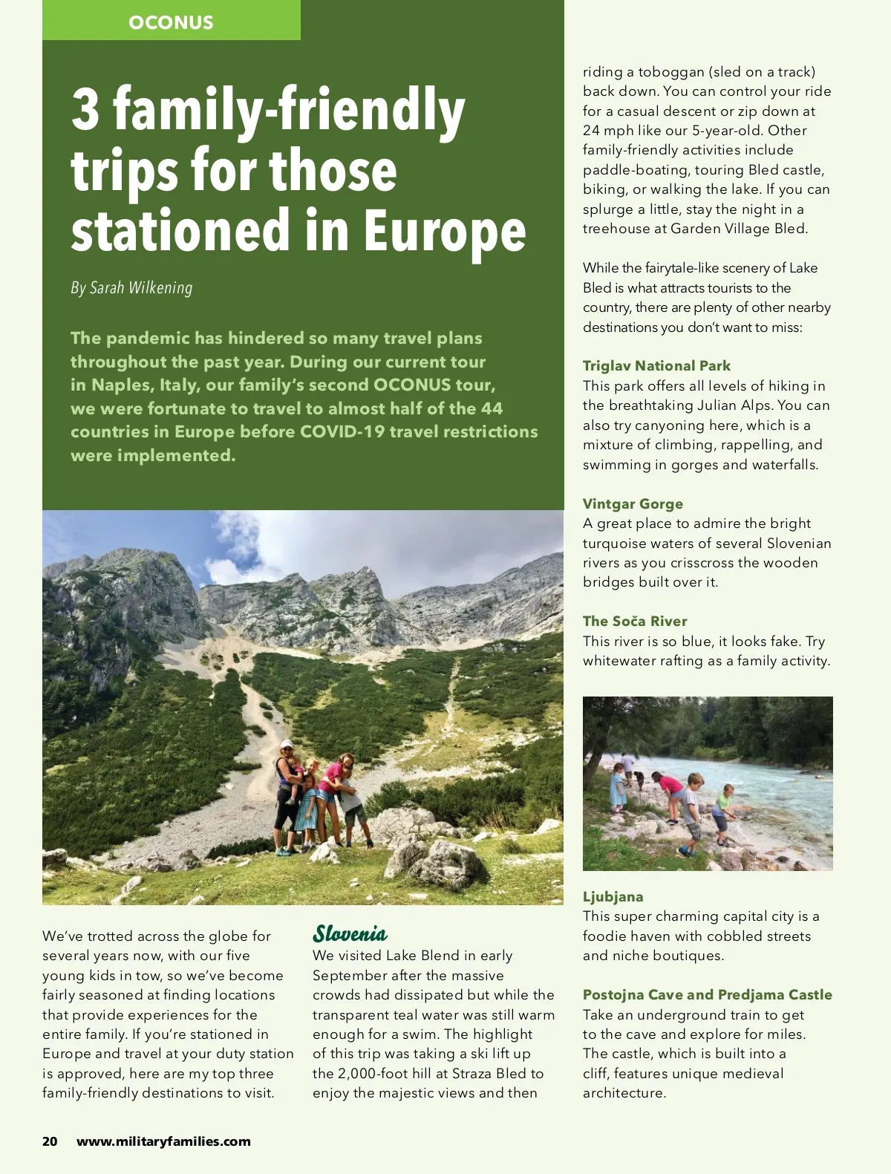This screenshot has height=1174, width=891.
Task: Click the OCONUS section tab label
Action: [x=171, y=22]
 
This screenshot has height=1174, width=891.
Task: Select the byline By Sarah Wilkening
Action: [x=131, y=288]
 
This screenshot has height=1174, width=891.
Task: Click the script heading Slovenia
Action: [x=350, y=933]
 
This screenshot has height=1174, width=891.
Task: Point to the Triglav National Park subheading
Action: [x=656, y=365]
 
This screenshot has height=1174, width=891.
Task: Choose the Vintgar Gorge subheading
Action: [x=633, y=503]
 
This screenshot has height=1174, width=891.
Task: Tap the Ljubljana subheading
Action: [x=613, y=896]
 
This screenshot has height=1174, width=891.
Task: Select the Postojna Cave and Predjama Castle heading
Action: [x=707, y=994]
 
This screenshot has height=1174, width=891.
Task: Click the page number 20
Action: [x=50, y=1141]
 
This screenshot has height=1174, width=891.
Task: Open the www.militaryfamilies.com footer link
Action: [x=163, y=1141]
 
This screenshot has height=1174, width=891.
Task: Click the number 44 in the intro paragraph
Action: [x=492, y=408]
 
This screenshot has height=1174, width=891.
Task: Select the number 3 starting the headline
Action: [x=85, y=109]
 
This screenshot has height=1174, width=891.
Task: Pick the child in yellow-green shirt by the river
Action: [x=722, y=812]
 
